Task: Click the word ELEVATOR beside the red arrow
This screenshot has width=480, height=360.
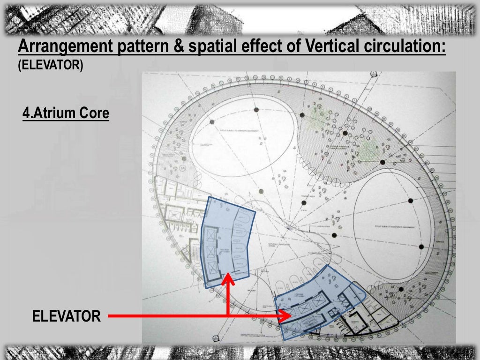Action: [66, 316]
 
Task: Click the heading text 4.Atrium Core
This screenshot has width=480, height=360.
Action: [66, 113]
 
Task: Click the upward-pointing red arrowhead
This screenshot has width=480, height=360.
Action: [228, 279]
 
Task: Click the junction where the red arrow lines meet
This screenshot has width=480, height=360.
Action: [228, 316]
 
